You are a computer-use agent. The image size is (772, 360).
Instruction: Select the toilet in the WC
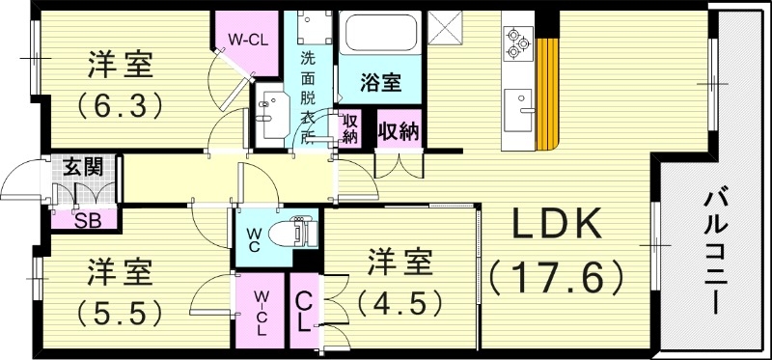pyautogui.click(x=300, y=233)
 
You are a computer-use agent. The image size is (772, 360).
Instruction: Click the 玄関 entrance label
pyautogui.click(x=82, y=165)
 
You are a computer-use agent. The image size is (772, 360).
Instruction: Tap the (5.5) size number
pyautogui.click(x=120, y=311)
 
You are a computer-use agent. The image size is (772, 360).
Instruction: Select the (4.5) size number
pyautogui.click(x=400, y=302)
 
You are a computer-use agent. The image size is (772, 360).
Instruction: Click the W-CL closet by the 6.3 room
pyautogui.click(x=248, y=41)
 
